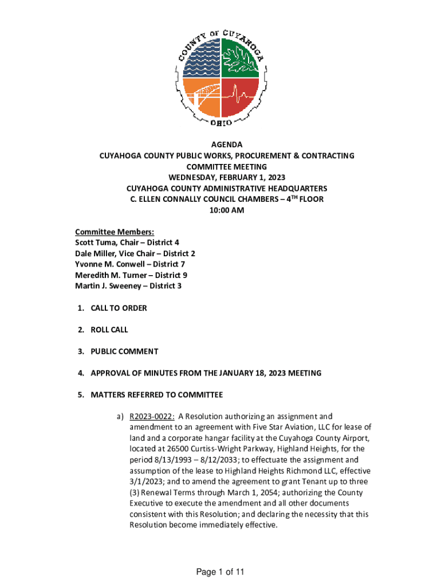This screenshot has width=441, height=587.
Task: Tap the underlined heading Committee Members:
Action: click(x=115, y=232)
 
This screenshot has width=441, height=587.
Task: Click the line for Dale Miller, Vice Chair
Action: click(x=135, y=253)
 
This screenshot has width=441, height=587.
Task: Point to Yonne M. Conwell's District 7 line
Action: click(x=130, y=264)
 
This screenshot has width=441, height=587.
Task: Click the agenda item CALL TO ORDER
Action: click(x=119, y=308)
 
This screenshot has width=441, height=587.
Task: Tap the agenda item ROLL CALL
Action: click(x=109, y=330)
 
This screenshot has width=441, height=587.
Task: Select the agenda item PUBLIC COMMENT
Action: click(x=124, y=351)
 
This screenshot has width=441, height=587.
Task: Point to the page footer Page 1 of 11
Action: click(x=220, y=572)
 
